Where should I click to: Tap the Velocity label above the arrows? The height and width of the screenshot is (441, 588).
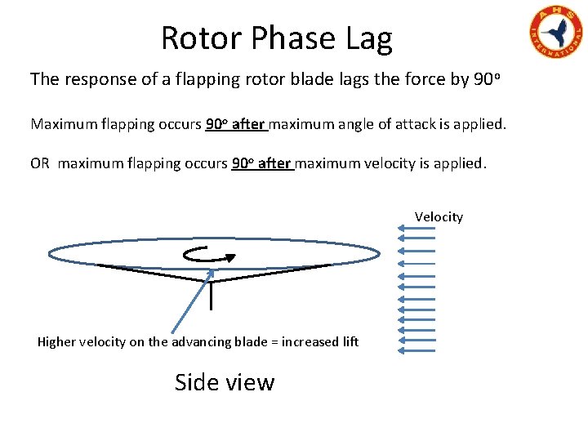[x=439, y=216]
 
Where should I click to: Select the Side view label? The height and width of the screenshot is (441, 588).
[x=225, y=382]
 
